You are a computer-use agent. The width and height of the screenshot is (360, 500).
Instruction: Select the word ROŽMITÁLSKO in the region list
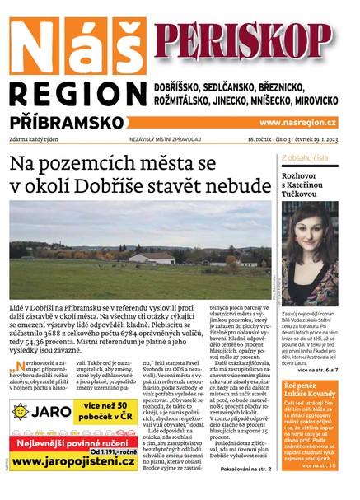point(187,100)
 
